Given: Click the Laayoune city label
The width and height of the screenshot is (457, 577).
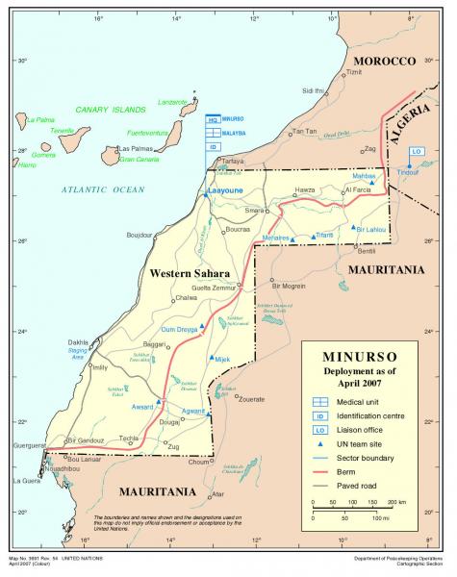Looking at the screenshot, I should (x=226, y=191).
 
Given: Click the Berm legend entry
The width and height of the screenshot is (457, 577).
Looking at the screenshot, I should (x=362, y=472).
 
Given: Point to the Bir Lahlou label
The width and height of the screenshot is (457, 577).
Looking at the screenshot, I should (x=370, y=229).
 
